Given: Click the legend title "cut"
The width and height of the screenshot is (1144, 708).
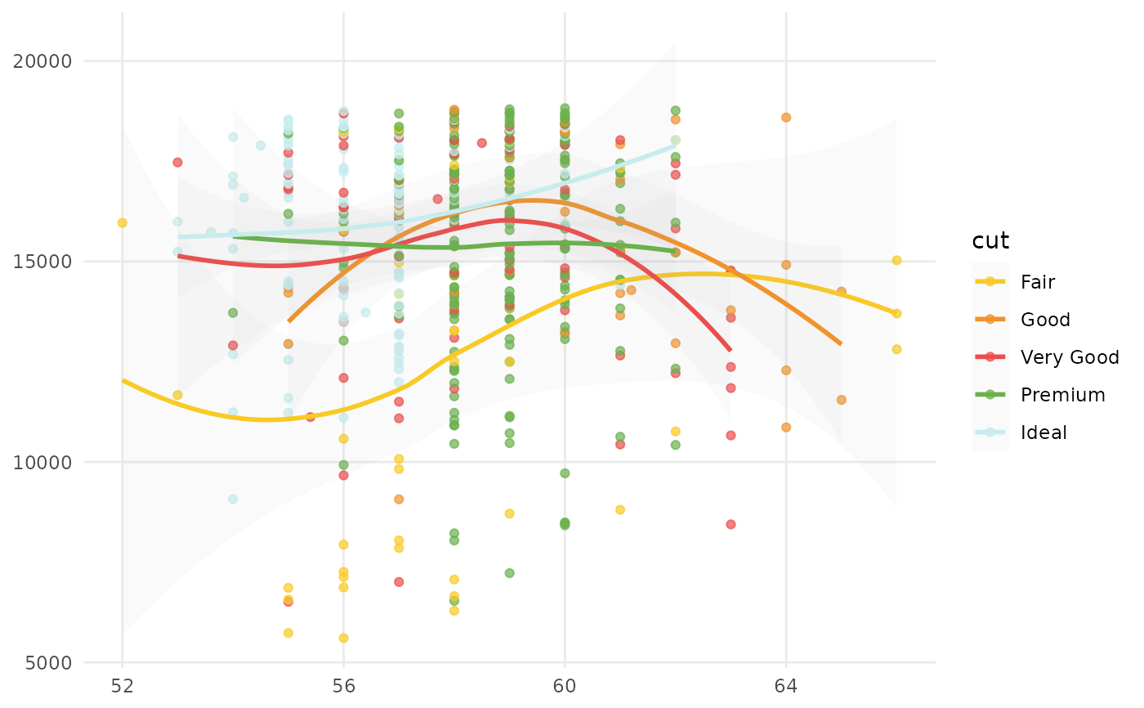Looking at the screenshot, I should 990,240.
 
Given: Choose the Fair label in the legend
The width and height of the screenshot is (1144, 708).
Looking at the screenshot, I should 1038,282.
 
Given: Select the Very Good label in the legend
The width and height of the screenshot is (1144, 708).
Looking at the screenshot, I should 1070,357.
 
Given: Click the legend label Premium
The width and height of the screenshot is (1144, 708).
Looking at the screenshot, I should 1062,395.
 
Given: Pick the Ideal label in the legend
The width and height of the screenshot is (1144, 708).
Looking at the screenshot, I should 1043,432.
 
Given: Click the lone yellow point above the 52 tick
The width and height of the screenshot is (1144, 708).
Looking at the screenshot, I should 123,222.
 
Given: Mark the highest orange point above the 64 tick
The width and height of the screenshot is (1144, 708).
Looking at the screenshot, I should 786,117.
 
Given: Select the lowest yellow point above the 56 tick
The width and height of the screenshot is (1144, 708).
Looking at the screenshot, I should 343,638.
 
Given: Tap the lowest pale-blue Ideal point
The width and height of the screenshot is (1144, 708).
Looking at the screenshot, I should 233,499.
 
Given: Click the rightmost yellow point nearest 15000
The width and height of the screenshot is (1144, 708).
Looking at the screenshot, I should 896,260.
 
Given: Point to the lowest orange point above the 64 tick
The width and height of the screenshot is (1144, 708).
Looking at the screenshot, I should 786,427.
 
